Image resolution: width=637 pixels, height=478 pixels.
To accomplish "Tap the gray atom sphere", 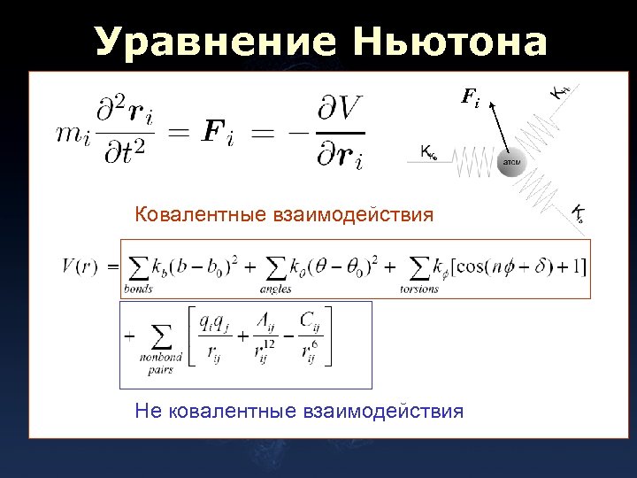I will [512, 163].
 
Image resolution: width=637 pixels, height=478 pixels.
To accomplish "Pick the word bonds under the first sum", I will [138, 288].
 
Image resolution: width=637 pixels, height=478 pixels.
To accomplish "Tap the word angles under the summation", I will [277, 288].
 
